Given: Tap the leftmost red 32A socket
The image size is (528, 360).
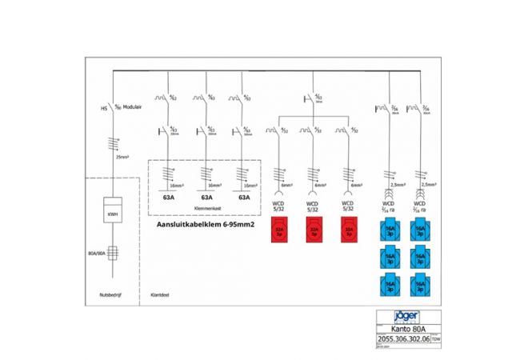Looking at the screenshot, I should pyautogui.click(x=280, y=232).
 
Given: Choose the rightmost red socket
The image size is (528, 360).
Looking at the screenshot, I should pyautogui.click(x=348, y=232).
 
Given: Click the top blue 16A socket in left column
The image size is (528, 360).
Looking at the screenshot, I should pyautogui.click(x=390, y=232).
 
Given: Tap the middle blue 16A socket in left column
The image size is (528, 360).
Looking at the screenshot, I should pyautogui.click(x=390, y=258).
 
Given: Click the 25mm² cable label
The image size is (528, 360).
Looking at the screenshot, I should pyautogui.click(x=122, y=158).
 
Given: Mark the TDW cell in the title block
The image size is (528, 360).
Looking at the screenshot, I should pyautogui.click(x=436, y=338).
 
